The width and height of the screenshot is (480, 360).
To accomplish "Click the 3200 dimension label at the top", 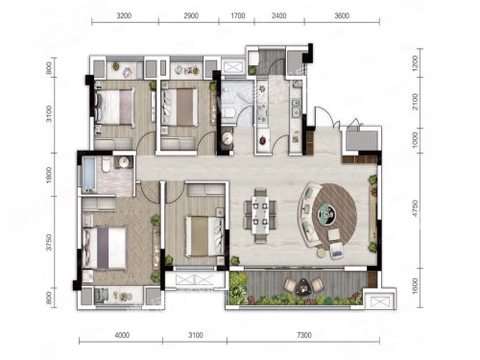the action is tap(124, 15).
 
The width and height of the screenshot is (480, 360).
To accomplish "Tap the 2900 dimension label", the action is tap(191, 15).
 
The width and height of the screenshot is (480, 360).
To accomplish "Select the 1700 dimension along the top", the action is tap(238, 15).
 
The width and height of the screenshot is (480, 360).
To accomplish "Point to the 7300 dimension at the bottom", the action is tap(303, 335).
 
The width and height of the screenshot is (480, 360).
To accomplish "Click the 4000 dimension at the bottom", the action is tap(122, 335).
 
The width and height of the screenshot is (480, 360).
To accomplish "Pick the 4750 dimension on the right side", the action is tap(415, 208).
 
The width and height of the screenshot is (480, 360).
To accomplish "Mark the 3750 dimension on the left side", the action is tap(49, 242).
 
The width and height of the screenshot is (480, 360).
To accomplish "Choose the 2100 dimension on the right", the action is tap(415, 102).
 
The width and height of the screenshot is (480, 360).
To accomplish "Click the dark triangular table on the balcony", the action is tap(302, 286).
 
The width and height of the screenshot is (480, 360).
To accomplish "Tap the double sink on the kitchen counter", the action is tap(296, 108).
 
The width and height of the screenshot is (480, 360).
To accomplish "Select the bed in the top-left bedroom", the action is tap(114, 107).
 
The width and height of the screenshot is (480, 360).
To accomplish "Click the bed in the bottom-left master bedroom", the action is tap(104, 248).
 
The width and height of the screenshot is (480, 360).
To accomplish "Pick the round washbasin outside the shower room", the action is tap(228, 137).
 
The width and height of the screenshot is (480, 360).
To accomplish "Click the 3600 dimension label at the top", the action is tap(342, 15).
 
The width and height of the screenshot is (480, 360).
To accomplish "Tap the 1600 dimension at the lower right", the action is tap(415, 286).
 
